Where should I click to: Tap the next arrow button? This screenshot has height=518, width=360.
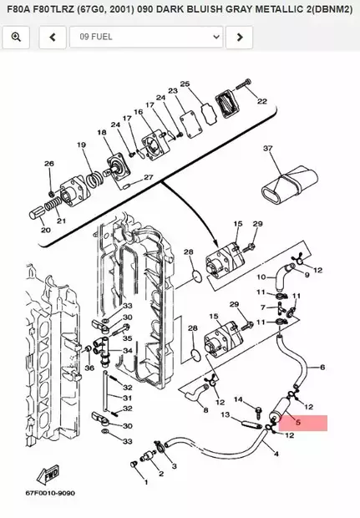240,37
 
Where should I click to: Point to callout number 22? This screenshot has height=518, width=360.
261,102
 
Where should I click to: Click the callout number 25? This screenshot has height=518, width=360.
185,84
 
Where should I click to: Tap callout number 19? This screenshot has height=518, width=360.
82,145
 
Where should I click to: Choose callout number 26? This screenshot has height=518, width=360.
49,164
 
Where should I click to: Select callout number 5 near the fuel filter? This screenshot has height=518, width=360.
297,423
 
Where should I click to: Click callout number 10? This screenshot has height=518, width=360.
261,277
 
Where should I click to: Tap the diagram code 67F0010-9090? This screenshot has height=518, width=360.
50,493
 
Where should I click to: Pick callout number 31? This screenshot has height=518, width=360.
128,399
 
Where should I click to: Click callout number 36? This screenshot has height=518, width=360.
89,367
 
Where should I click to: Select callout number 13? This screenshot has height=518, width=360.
225,414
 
